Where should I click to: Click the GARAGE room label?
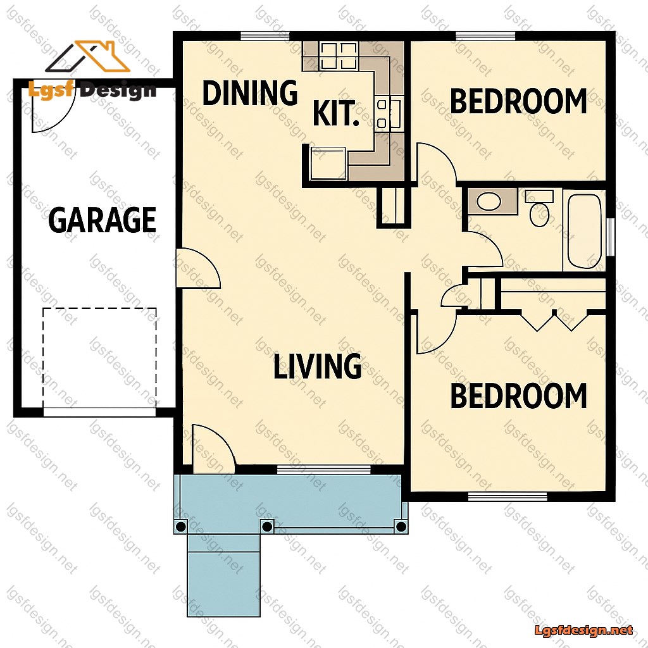(102, 220)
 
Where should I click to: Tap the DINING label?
(250, 92)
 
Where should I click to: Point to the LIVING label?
(318, 366)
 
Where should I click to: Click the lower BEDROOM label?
(518, 396)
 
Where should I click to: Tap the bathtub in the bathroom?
(584, 230)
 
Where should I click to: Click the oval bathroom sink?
(489, 202)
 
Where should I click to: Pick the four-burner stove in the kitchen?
(339, 56)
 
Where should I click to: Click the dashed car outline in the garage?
(99, 358)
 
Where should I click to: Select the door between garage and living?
(198, 268)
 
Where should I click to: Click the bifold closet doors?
(554, 320)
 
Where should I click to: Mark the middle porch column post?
(267, 526)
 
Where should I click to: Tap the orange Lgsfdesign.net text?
(583, 630)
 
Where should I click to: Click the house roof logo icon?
(87, 56)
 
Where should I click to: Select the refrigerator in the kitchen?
(328, 163)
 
